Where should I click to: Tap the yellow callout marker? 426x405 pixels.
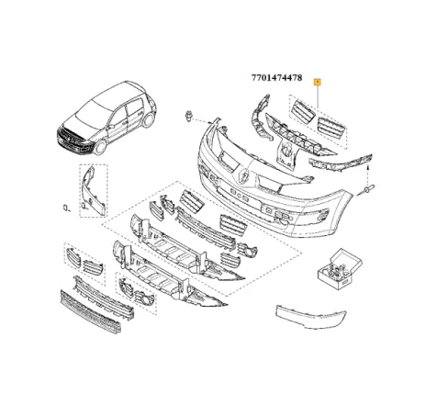[x=318, y=82]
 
